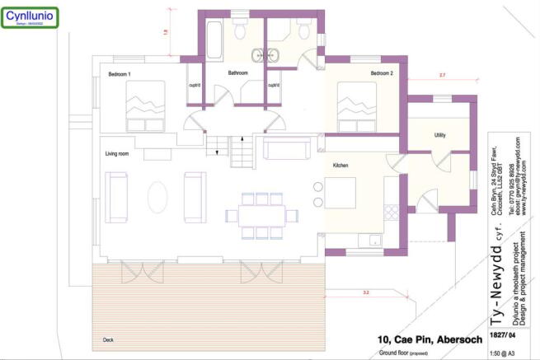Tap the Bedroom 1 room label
click(120, 75)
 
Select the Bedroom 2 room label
click(381, 74)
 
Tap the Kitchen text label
click(340, 166)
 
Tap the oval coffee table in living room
click(156, 198)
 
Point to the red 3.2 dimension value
click(364, 292)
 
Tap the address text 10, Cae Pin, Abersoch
click(420, 339)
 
